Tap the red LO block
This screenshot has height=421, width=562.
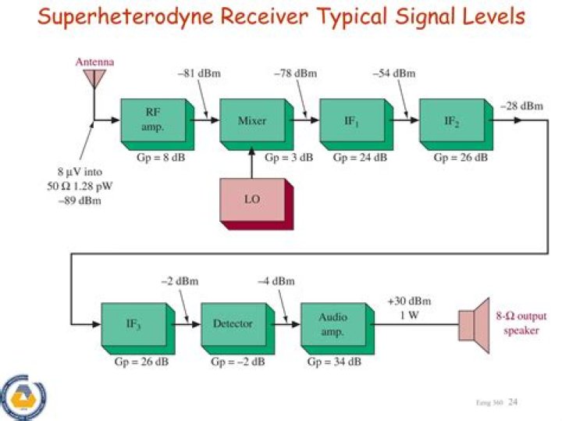click(253, 201)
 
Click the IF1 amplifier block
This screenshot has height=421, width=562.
click(352, 123)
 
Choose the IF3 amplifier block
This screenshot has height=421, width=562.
click(133, 324)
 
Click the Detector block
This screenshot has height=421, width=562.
click(233, 324)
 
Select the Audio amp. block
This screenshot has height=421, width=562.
click(333, 324)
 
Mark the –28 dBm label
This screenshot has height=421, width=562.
click(521, 105)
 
